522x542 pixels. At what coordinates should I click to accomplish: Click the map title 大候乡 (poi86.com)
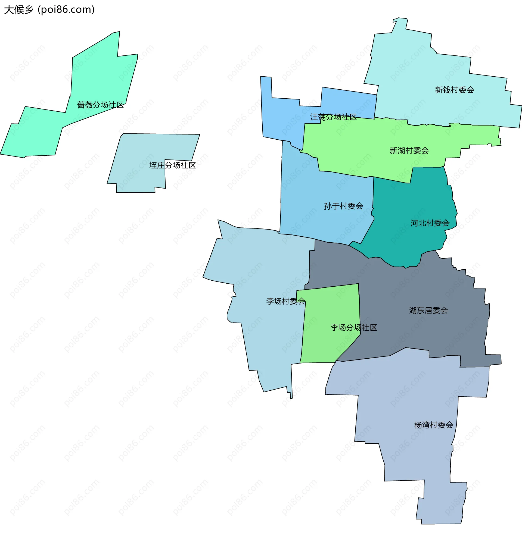[x=49, y=10]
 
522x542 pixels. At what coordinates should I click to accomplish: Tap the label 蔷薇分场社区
[x=100, y=105]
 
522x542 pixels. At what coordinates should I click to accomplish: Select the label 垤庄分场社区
[x=172, y=165]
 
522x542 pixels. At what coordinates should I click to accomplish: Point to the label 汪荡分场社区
[x=333, y=117]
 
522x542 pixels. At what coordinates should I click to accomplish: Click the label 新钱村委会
[x=455, y=90]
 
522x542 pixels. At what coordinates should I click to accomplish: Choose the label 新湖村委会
[x=409, y=151]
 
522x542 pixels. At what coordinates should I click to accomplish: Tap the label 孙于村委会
[x=343, y=206]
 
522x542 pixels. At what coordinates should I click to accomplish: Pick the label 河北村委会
[x=430, y=223]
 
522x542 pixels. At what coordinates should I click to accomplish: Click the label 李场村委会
[x=286, y=301]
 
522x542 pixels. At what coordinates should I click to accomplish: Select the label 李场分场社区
[x=354, y=327]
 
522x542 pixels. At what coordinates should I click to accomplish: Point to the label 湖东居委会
[x=428, y=310]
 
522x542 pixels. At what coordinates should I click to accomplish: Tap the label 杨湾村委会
[x=434, y=425]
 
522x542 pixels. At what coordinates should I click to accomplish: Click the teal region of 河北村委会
[x=410, y=243]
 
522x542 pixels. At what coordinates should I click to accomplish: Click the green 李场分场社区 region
[x=327, y=346]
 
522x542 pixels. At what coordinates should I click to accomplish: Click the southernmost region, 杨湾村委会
[x=410, y=456]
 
